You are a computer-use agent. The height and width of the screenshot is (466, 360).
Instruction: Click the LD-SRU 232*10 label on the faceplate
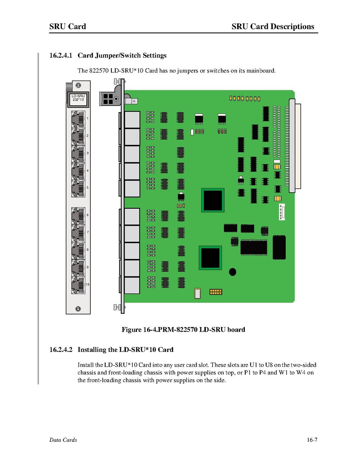[78, 98]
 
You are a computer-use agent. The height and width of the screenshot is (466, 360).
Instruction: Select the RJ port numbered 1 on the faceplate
[78, 118]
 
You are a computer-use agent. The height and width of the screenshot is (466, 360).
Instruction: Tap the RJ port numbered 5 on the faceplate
[78, 188]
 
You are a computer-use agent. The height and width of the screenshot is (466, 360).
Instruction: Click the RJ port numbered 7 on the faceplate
[78, 232]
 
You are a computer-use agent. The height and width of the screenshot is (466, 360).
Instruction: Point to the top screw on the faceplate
[78, 85]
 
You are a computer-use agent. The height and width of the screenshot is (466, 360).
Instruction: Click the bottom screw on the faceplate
[78, 308]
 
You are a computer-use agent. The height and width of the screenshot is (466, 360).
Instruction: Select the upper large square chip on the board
[212, 200]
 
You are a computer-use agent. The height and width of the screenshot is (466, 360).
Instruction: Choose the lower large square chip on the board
[210, 257]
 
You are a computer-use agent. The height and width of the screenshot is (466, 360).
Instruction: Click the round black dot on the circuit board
[232, 272]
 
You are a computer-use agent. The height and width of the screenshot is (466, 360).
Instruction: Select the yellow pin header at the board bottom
[216, 291]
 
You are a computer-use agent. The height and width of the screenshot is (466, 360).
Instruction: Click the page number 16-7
[312, 440]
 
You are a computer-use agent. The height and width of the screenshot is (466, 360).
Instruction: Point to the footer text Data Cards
[63, 440]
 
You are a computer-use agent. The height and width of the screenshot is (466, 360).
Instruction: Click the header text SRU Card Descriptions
[272, 26]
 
